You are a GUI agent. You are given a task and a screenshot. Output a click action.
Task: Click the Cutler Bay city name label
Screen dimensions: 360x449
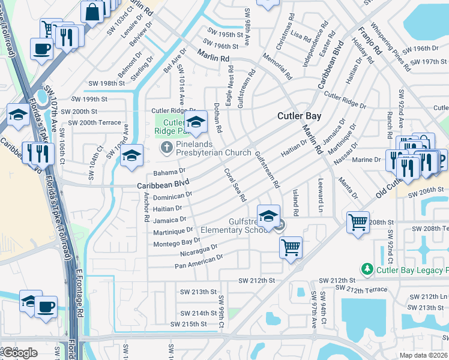click(298, 116)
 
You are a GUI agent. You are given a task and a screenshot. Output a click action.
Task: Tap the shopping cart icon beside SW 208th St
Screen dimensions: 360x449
click(358, 222)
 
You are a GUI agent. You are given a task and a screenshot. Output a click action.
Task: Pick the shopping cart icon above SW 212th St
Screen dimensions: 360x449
click(291, 246)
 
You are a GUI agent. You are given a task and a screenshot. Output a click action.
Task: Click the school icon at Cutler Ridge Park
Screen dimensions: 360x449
click(195, 121)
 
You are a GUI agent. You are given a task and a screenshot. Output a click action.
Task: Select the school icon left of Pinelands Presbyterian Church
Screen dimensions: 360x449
click(131, 155)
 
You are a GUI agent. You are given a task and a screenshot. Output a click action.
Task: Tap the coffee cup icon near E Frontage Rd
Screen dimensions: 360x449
click(46, 307)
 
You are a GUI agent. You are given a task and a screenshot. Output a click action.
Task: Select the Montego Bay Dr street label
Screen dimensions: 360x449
click(176, 242)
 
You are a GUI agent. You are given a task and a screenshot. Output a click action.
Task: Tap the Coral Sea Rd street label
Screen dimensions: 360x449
click(235, 184)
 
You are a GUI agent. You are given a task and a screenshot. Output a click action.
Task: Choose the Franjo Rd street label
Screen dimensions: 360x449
click(369, 41)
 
